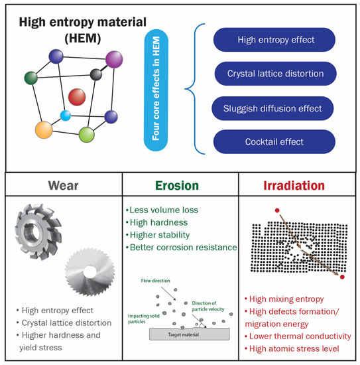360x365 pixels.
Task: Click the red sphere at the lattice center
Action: click(x=77, y=97)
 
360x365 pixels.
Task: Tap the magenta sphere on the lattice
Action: click(x=114, y=60)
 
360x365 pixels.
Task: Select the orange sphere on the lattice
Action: click(x=44, y=130)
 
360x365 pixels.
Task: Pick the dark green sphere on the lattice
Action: click(x=31, y=78)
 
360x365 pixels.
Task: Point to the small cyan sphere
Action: click(x=66, y=115)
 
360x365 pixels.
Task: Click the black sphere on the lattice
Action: click(x=96, y=75)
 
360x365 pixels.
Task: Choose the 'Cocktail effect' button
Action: click(x=274, y=142)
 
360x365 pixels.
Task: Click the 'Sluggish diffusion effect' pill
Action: click(x=272, y=108)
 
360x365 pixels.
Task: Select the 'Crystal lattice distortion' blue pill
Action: click(x=275, y=74)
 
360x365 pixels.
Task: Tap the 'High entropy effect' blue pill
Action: click(x=274, y=40)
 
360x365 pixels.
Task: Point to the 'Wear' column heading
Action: click(x=63, y=186)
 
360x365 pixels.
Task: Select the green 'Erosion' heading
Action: click(x=177, y=186)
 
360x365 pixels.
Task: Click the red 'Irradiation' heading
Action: click(x=294, y=186)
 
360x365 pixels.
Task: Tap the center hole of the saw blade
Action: click(x=90, y=272)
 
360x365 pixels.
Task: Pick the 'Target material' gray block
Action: click(x=190, y=334)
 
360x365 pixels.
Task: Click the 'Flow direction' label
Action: click(x=155, y=281)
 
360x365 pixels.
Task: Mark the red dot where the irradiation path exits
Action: click(x=342, y=277)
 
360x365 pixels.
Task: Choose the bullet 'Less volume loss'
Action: click(x=162, y=210)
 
